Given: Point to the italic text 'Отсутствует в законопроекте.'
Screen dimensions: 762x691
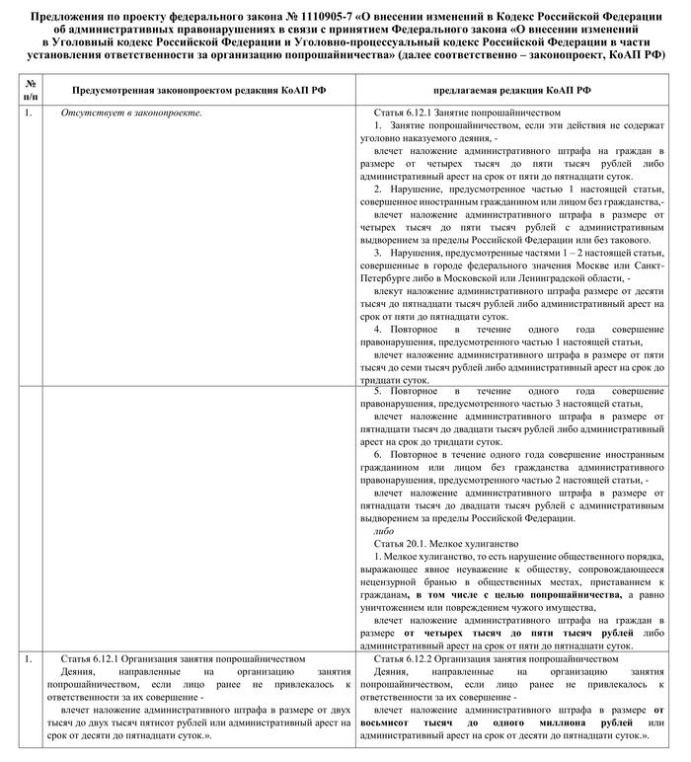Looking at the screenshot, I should [x=131, y=114].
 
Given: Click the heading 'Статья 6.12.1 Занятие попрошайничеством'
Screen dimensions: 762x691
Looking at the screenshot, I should [x=467, y=114].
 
